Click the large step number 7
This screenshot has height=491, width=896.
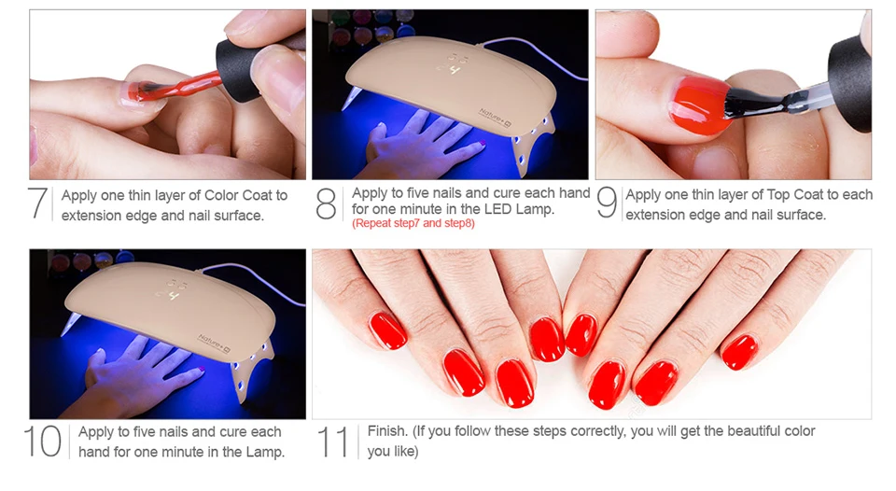[x=38, y=203]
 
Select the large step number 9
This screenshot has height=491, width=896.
[x=607, y=203]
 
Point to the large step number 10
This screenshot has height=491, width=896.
[x=43, y=441]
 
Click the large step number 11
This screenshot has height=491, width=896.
[x=333, y=441]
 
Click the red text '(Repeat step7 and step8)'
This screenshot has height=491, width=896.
[x=413, y=223]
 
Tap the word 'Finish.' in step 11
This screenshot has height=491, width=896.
[x=388, y=431]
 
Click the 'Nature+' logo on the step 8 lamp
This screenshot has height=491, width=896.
[x=495, y=118]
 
